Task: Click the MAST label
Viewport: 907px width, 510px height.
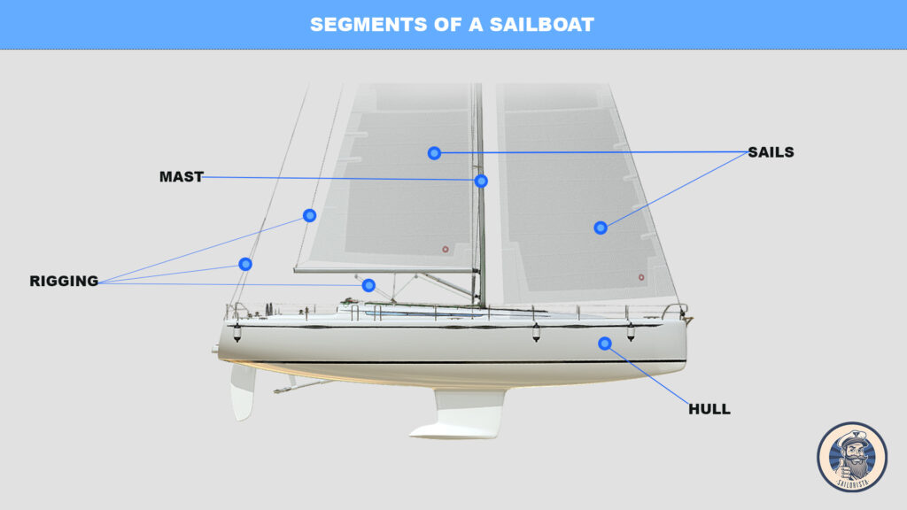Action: click(181, 177)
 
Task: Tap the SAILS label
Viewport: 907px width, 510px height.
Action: click(771, 152)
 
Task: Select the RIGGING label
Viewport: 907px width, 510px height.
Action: click(64, 282)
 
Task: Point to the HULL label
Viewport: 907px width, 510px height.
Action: click(709, 409)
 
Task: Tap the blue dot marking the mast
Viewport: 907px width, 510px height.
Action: click(481, 181)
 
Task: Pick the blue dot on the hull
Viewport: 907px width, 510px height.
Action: click(604, 344)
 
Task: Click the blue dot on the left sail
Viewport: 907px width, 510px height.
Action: click(434, 153)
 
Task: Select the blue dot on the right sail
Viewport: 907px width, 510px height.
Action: click(600, 228)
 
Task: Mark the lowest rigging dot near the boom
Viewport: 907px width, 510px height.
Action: click(368, 285)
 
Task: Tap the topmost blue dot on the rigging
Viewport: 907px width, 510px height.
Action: click(309, 215)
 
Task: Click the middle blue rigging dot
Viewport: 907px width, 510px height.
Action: click(245, 264)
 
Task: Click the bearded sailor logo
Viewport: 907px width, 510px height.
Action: click(851, 456)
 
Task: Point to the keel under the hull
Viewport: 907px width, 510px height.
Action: click(461, 416)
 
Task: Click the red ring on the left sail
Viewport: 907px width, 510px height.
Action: click(446, 250)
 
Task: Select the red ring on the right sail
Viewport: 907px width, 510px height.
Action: click(641, 277)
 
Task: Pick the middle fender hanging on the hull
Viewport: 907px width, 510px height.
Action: click(536, 333)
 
